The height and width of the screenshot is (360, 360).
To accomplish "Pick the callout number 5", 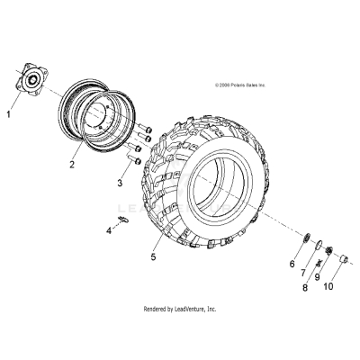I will coord(154,256).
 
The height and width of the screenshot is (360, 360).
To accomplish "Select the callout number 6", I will coord(292,264).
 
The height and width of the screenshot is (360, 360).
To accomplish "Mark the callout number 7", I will coord(303,273).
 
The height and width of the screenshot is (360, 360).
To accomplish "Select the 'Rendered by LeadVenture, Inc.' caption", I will coord(180,309).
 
